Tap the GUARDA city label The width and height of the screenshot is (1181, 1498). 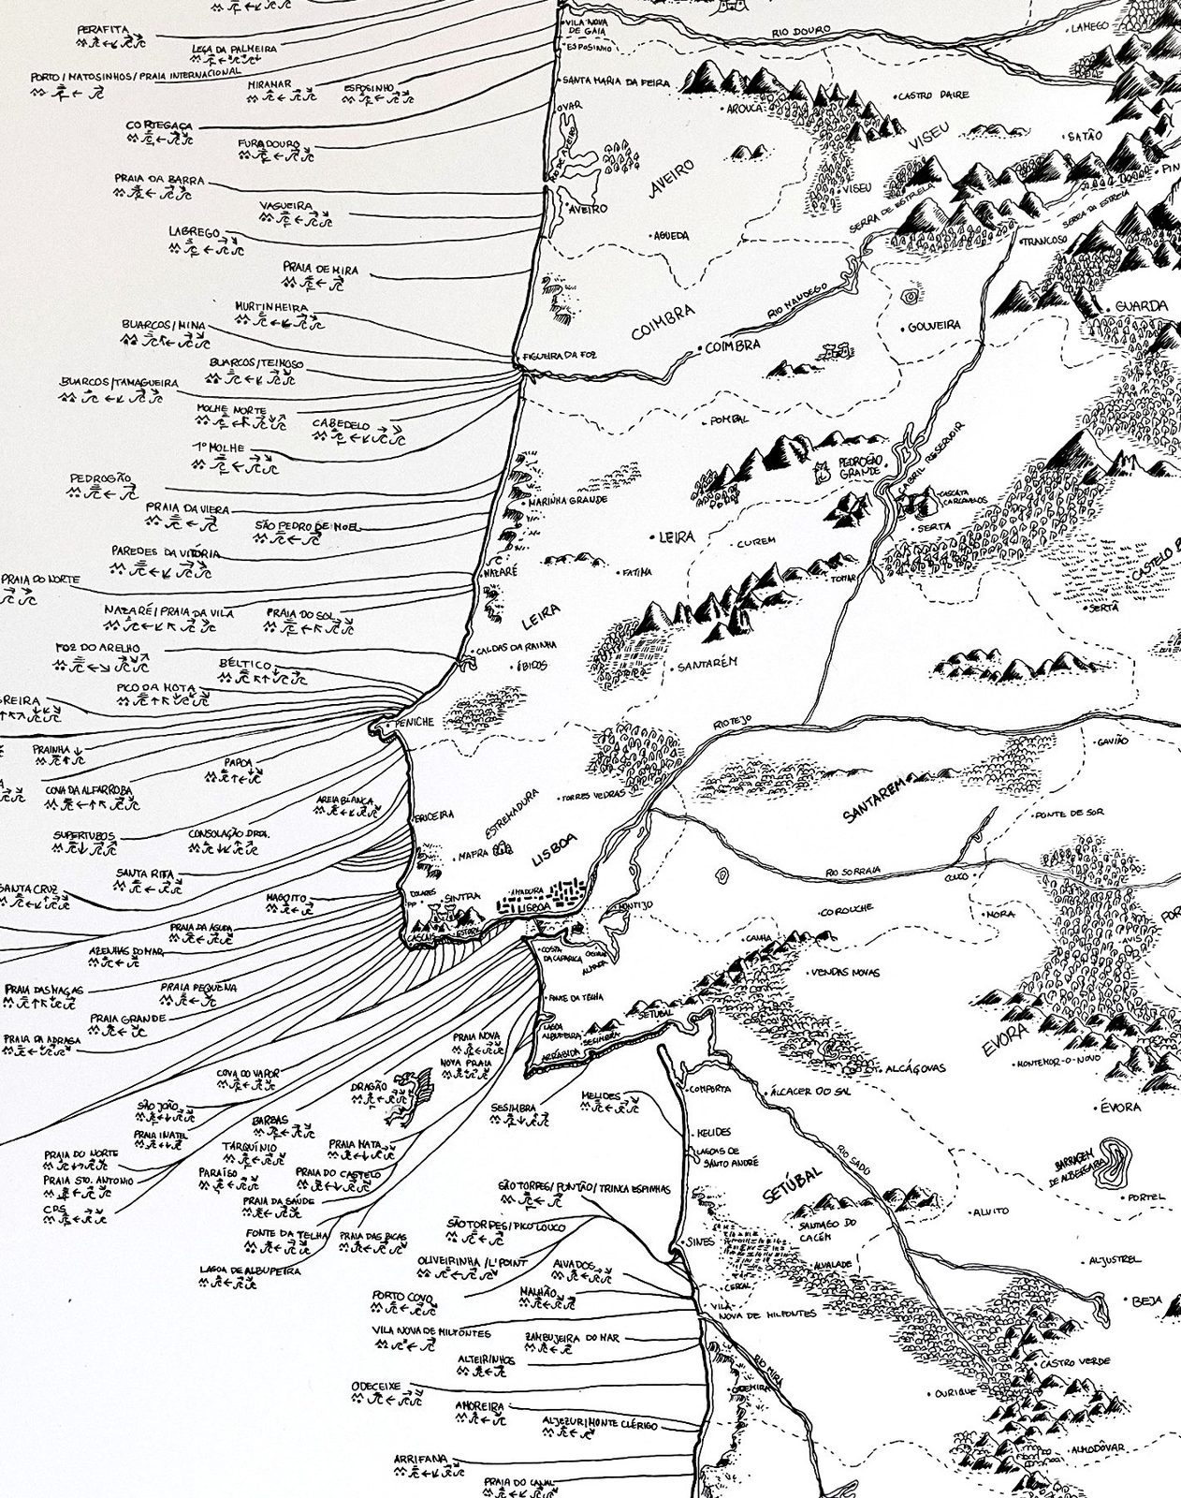click(x=1139, y=306)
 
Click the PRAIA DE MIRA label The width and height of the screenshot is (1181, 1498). click(x=320, y=268)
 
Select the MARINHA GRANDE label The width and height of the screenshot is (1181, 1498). click(x=568, y=500)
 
